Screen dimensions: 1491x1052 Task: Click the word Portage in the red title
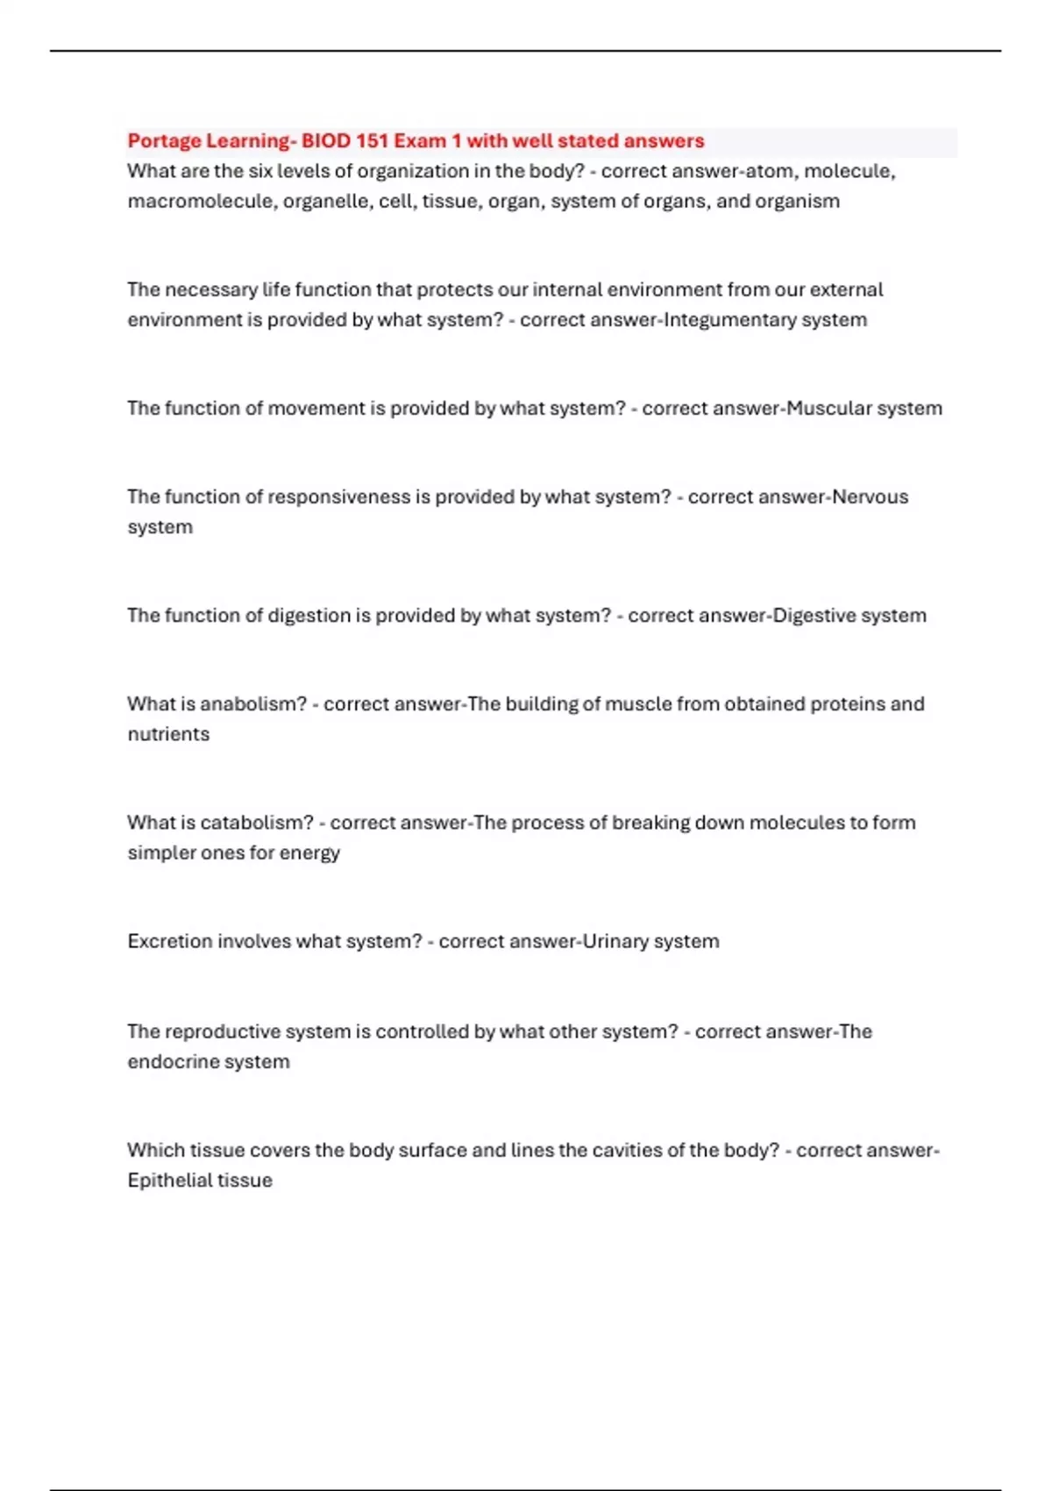(x=164, y=141)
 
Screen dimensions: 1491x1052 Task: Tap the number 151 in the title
(x=370, y=141)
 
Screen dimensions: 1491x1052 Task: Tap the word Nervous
(x=870, y=496)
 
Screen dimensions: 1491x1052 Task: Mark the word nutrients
(x=168, y=734)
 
